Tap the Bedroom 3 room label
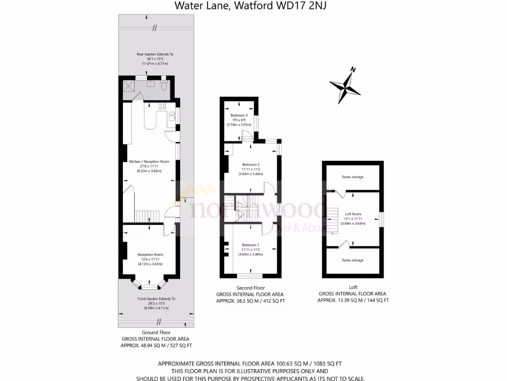(239, 116)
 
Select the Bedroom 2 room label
(251, 165)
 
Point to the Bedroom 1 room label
(250, 245)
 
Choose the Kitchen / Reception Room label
(149, 162)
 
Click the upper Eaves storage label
(353, 177)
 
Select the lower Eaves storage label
(353, 260)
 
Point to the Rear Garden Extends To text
(155, 54)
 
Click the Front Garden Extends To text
(156, 299)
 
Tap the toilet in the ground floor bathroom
(164, 86)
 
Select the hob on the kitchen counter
(161, 106)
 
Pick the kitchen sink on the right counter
(171, 117)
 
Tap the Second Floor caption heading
(251, 288)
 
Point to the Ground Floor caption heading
(156, 332)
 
